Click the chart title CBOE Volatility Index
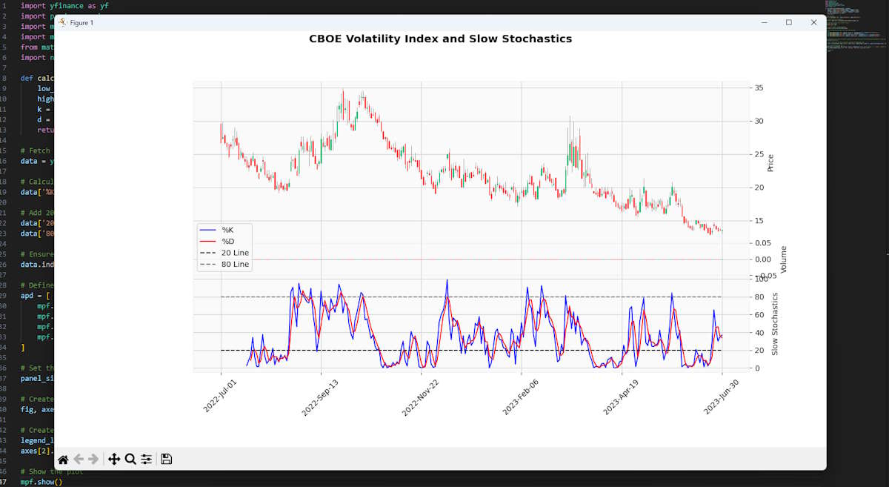point(440,39)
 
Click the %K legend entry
point(227,230)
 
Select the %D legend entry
point(227,241)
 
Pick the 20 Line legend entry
point(235,253)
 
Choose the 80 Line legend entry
point(235,264)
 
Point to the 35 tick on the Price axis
point(759,88)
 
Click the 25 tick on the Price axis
point(759,154)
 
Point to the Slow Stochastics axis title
point(775,323)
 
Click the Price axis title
point(770,163)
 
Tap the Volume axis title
point(784,259)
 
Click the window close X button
point(813,23)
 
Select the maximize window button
point(789,23)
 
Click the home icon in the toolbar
point(63,460)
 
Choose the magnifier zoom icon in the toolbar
point(130,460)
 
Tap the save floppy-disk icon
point(167,460)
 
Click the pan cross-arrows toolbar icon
point(114,460)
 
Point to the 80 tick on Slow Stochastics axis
point(759,297)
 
